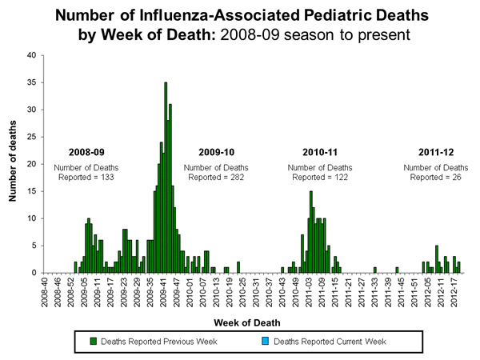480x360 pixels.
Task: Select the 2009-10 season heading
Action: [217, 152]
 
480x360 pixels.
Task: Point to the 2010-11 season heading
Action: [321, 152]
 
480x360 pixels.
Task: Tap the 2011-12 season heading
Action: [436, 152]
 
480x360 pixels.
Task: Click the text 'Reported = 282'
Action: [217, 176]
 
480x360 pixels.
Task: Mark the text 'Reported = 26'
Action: [436, 176]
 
